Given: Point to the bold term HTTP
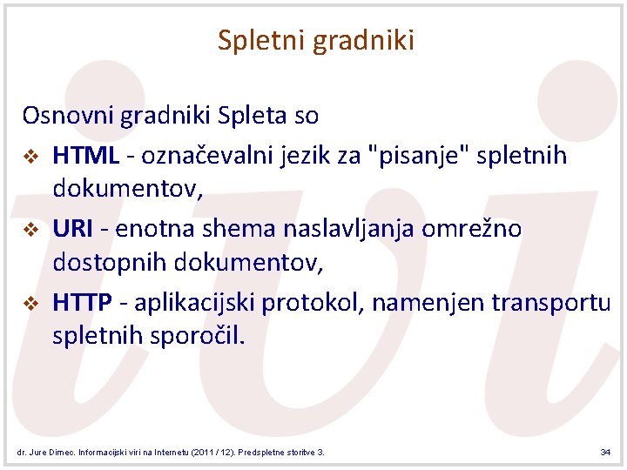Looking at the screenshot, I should pos(83,302).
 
